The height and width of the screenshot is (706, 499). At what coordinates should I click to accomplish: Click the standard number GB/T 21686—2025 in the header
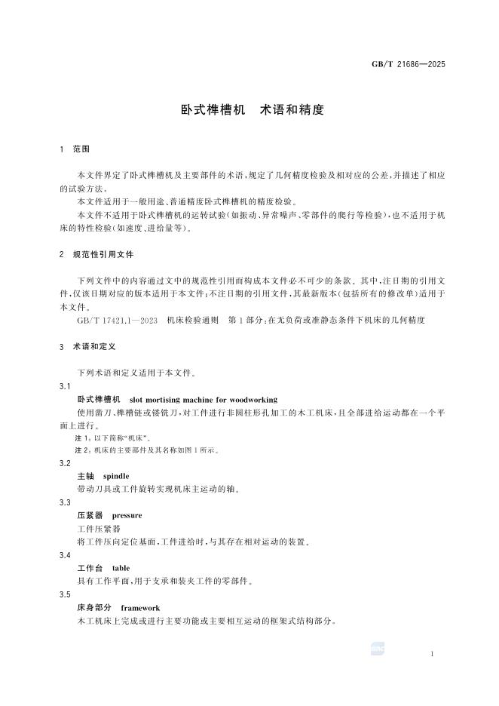[x=409, y=64]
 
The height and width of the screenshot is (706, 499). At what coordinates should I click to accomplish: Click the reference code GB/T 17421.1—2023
[x=117, y=321]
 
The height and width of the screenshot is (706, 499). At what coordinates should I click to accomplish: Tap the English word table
[x=121, y=568]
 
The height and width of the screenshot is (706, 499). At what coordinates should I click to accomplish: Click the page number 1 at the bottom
[x=432, y=653]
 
